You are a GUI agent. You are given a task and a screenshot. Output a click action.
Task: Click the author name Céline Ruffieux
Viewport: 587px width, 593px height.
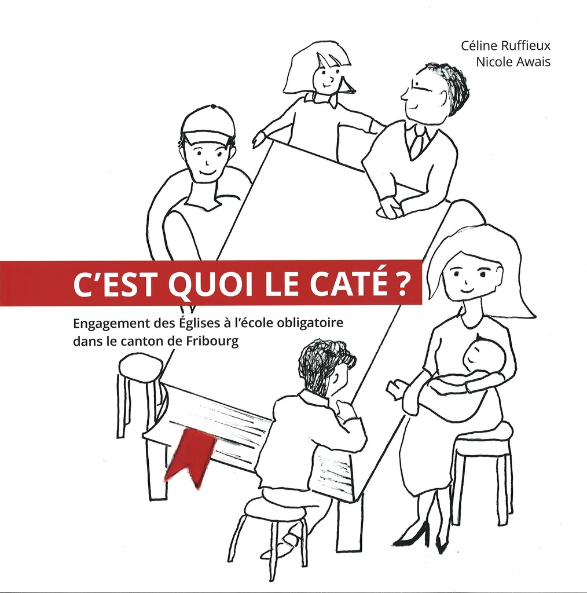point(505,46)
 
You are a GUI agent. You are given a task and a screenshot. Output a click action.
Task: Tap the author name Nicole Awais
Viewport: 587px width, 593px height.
point(513,63)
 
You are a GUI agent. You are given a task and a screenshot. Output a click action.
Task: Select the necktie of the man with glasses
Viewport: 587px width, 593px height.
point(416,144)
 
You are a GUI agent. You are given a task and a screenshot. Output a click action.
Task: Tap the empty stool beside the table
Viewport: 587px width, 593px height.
point(140,368)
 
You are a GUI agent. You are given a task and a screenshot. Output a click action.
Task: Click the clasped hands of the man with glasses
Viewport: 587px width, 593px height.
point(391,208)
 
